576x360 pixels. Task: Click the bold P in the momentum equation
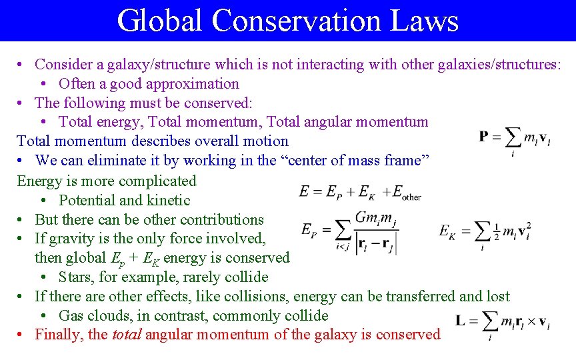tap(484, 137)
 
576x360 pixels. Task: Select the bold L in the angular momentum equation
tap(461, 321)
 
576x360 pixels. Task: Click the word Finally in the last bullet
tap(60, 335)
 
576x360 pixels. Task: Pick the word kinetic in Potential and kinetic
tap(167, 200)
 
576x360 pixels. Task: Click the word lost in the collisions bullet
tap(496, 297)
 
